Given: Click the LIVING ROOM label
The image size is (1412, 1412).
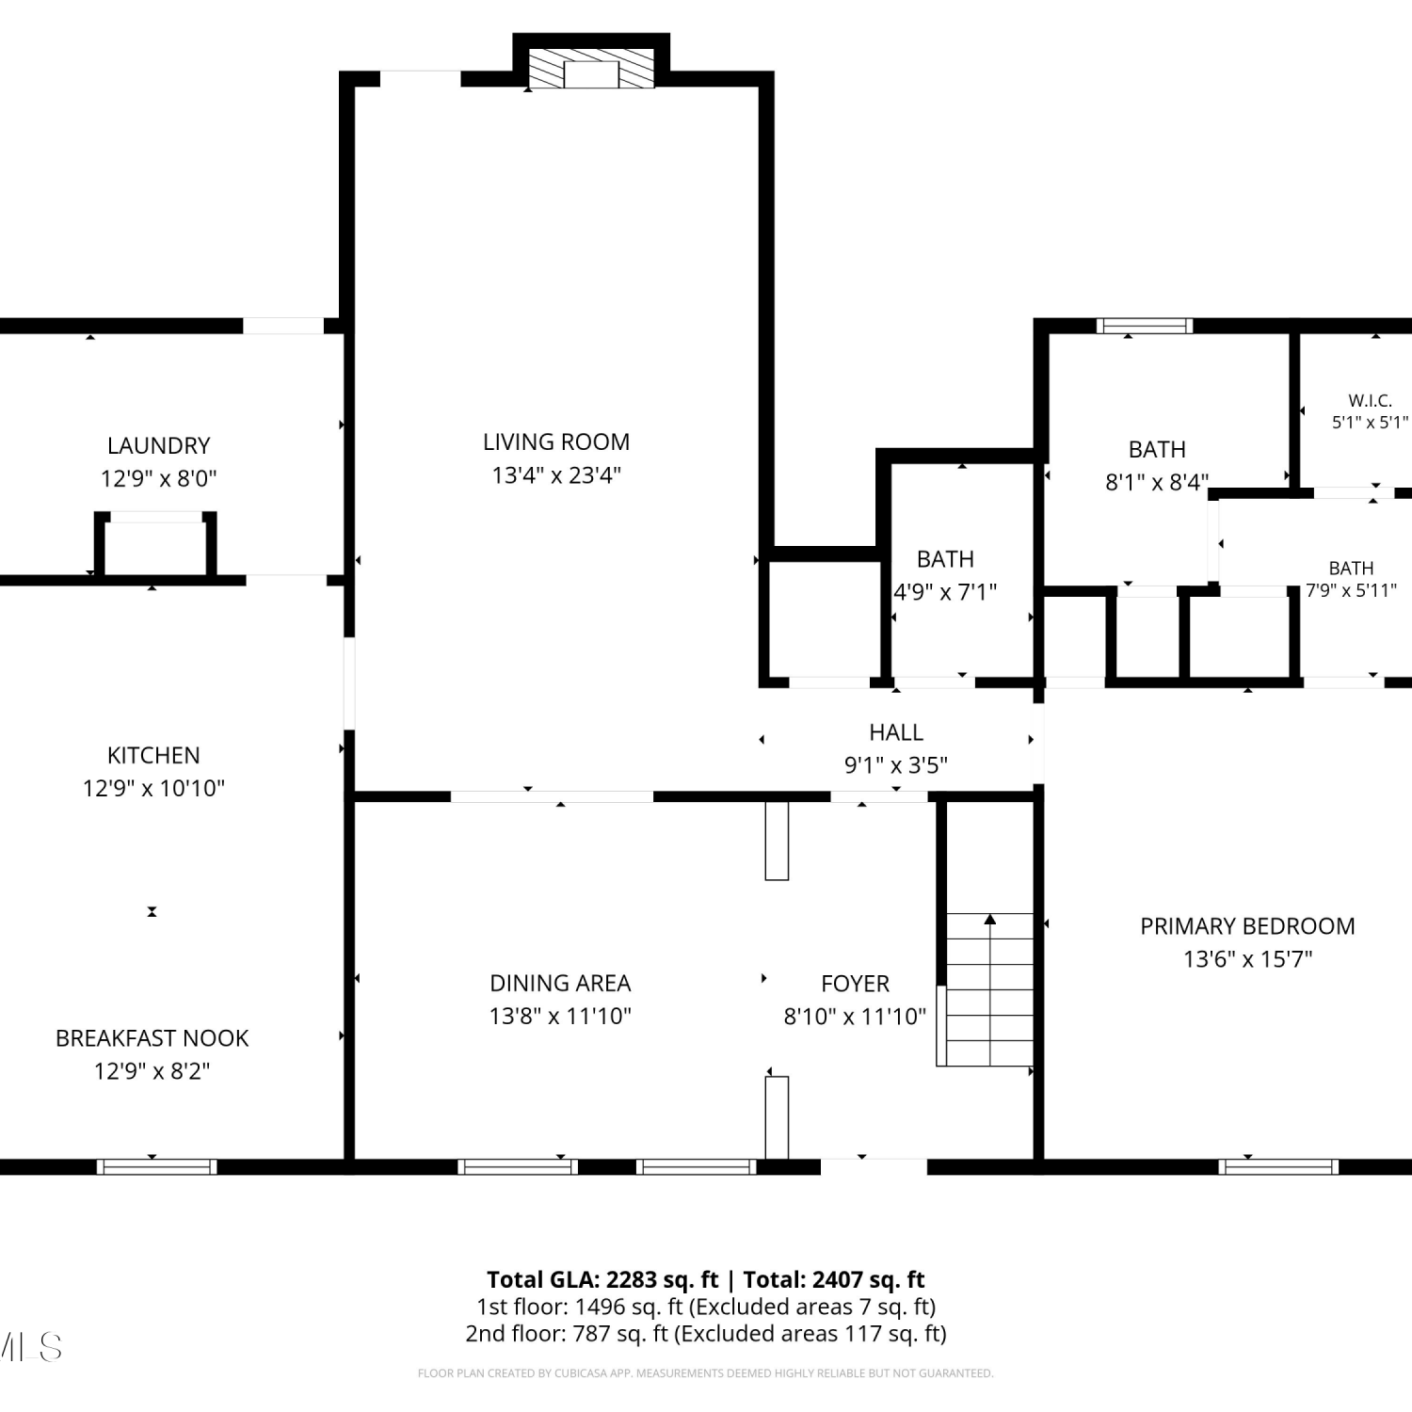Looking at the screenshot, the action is coord(556,441).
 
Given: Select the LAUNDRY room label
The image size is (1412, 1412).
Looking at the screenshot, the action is coord(158,445).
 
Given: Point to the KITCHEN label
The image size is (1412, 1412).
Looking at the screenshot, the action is coord(153,755).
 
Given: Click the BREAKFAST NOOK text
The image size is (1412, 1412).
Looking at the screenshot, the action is coord(152,1037).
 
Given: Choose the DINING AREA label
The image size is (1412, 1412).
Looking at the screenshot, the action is coord(560,983).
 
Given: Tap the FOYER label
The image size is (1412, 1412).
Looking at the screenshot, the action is coord(855,984).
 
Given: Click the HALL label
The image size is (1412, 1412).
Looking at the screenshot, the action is coord(896,731).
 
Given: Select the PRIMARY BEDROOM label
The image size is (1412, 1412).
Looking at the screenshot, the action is coord(1247,926).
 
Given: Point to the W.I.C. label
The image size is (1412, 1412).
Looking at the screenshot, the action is coord(1370,401).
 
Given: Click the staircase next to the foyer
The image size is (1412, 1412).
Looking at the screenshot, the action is coord(989,989).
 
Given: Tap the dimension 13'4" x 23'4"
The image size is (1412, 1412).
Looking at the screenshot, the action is coord(556,475).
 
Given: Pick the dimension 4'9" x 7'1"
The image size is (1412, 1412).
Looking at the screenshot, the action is coord(945,592).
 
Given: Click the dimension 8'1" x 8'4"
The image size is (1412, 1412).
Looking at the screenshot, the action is coord(1157,482).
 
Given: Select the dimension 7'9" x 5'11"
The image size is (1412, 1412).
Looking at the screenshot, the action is coord(1351,590).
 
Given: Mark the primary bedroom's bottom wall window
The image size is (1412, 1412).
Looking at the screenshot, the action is coord(1278,1167).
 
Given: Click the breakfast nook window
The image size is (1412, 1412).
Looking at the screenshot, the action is coord(156,1167).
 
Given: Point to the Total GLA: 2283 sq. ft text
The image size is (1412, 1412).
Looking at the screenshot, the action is coord(602,1280).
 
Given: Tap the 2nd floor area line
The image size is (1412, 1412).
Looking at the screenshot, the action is coord(706,1334).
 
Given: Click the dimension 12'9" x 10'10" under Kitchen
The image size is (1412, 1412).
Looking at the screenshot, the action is coord(153,789).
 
